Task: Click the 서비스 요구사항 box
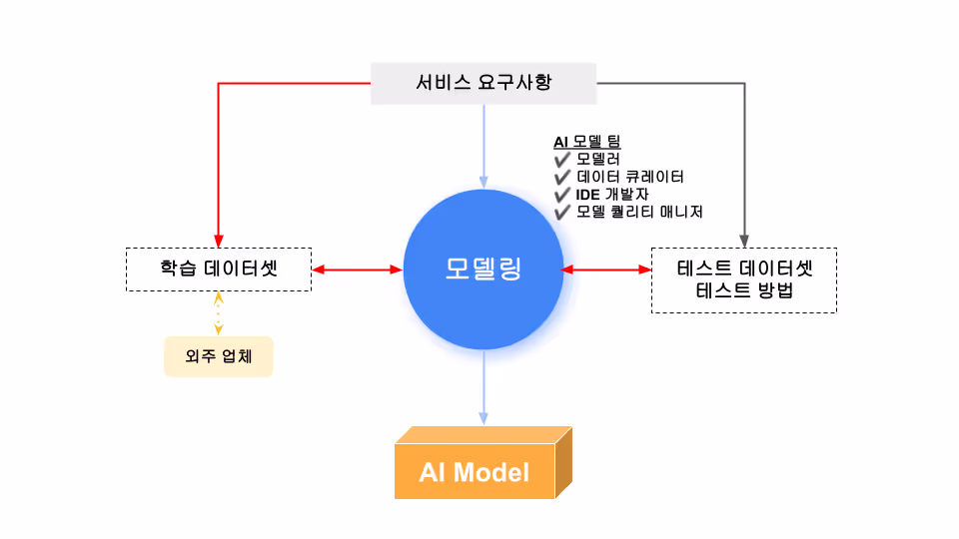pos(483,83)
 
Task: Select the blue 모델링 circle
pos(483,269)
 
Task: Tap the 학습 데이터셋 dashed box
pos(219,269)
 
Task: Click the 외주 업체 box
pos(219,356)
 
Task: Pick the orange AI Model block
pos(483,462)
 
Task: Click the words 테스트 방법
pos(744,290)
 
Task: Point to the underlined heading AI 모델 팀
pos(587,142)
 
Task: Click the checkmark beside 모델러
pos(562,160)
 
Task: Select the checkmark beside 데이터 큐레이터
pos(562,178)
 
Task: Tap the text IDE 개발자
pos(612,195)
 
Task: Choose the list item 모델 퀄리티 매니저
pos(639,212)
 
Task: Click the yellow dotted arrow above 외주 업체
pos(219,313)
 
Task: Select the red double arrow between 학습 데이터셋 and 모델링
pos(358,269)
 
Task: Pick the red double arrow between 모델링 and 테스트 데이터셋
pos(606,269)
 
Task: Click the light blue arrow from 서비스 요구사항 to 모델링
pos(483,147)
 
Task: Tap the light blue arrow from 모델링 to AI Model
pos(483,387)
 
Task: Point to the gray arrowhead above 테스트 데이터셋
pos(744,241)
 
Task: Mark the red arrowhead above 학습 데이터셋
pos(219,241)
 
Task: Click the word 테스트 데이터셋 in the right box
pos(744,269)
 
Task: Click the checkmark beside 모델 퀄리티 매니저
pos(562,213)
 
